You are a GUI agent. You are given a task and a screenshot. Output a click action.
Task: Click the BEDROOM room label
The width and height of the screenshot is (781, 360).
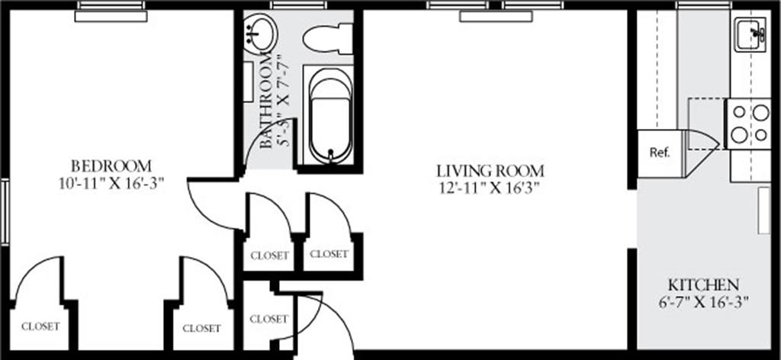pos(111,166)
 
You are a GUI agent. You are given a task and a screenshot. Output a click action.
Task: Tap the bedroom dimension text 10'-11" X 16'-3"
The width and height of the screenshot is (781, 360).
pos(111,184)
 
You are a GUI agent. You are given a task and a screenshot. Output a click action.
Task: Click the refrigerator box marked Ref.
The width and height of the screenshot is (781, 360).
pos(659,152)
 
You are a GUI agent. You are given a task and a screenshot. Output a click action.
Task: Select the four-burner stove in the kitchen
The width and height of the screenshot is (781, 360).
pos(749,124)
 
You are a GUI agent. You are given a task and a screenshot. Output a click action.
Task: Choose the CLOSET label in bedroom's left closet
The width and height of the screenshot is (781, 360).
pos(40,326)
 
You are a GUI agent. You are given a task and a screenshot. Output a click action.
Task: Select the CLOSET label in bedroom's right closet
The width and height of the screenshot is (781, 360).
pos(202,328)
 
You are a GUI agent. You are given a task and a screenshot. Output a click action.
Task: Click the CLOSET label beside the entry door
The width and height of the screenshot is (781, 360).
pos(268,318)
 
